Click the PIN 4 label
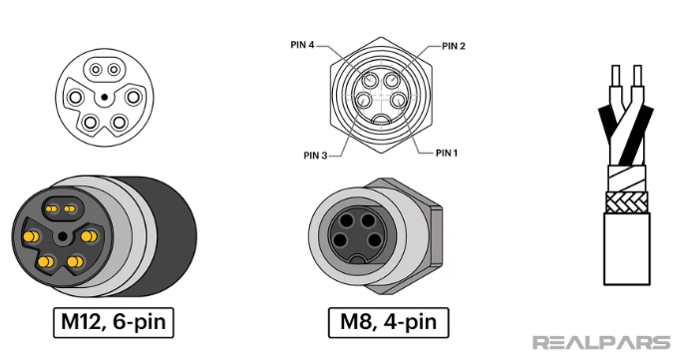(x=302, y=45)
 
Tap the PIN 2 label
(x=454, y=46)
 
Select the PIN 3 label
(x=315, y=156)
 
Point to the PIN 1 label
(x=447, y=153)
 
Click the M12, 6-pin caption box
(x=114, y=322)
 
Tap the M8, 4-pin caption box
(x=388, y=322)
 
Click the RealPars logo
(x=601, y=342)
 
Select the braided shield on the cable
(x=627, y=202)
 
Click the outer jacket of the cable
(x=627, y=249)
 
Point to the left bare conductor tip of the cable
(x=616, y=75)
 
